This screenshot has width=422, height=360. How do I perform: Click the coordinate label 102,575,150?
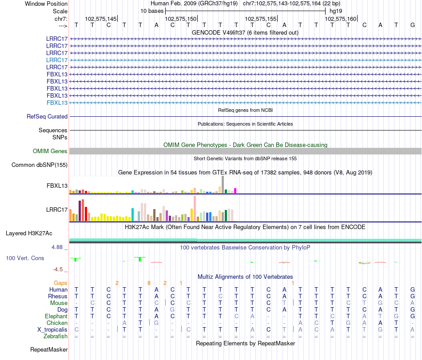click(x=180, y=19)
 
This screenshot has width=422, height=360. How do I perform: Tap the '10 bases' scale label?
click(x=152, y=11)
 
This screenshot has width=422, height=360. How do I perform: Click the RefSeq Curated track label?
click(x=47, y=116)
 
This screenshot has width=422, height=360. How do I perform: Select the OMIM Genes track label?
click(x=50, y=151)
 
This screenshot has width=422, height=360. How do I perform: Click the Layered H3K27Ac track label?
click(x=29, y=233)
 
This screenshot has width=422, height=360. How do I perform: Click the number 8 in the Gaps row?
click(x=149, y=283)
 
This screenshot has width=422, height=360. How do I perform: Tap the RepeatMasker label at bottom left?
click(x=49, y=350)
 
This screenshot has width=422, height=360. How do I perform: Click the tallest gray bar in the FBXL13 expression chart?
click(x=223, y=184)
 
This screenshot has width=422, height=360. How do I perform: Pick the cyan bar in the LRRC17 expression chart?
click(x=133, y=214)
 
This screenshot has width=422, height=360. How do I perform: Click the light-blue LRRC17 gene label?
click(x=57, y=60)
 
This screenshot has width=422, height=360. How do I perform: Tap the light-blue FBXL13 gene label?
click(x=57, y=103)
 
